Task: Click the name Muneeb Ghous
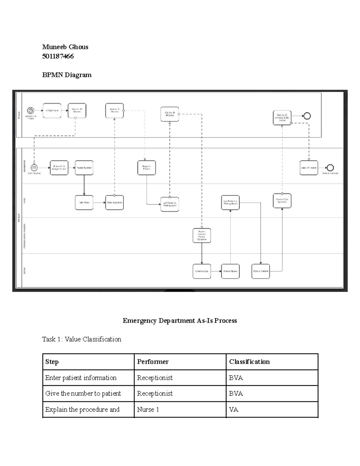[65, 47]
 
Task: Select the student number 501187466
[58, 56]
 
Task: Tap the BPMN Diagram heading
[67, 75]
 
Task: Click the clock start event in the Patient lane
[31, 110]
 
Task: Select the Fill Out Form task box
[52, 110]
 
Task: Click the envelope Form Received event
[34, 168]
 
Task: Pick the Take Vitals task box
[84, 203]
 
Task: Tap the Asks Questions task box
[114, 203]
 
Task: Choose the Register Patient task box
[146, 168]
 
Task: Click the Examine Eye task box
[202, 271]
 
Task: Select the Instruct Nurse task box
[230, 271]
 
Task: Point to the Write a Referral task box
[260, 271]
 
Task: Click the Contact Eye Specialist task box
[282, 200]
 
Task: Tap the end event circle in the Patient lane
[307, 116]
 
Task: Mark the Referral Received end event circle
[330, 168]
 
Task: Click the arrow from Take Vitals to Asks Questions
[99, 203]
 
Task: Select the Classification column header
[249, 362]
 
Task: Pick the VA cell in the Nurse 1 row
[234, 410]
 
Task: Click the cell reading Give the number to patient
[83, 393]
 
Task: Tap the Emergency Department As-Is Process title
[180, 320]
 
